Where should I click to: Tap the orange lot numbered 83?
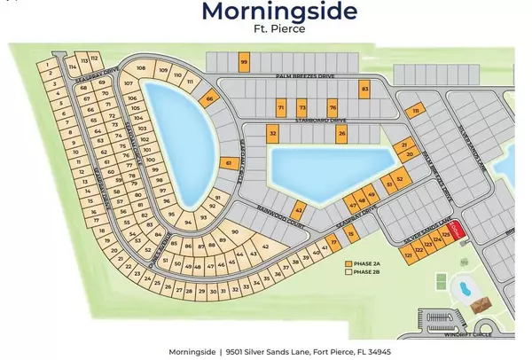tap(364, 89)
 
